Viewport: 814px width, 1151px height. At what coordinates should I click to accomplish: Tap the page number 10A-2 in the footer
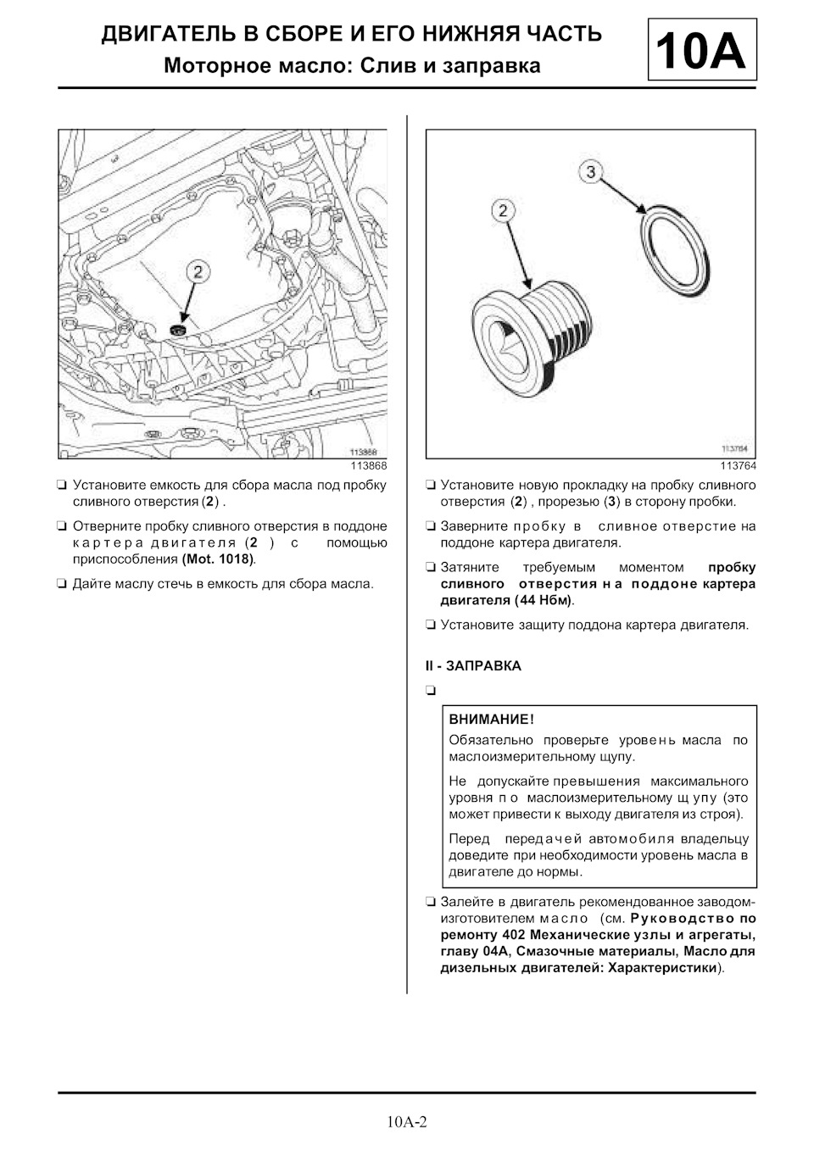click(407, 1122)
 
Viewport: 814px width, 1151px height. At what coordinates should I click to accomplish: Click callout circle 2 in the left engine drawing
click(198, 271)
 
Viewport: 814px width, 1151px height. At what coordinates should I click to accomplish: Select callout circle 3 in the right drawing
click(591, 172)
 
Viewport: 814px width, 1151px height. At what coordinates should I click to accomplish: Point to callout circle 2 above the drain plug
click(503, 210)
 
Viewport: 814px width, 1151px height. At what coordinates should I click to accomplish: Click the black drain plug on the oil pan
click(177, 328)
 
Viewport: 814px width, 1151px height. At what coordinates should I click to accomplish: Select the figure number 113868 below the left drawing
click(369, 466)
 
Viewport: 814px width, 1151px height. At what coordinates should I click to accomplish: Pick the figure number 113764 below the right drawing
click(738, 466)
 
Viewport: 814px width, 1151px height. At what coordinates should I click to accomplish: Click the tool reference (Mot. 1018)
click(218, 559)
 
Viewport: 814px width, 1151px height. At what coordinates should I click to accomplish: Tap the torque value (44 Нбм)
click(544, 600)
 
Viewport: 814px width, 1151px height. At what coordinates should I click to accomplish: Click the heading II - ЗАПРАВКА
click(473, 666)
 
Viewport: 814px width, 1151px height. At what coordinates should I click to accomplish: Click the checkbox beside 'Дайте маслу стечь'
click(63, 584)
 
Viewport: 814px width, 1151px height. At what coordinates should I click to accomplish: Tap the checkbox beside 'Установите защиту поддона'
click(431, 626)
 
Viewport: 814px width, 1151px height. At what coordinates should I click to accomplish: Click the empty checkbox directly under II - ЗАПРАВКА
click(431, 690)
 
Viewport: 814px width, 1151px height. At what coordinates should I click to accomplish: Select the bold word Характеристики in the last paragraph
click(663, 968)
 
